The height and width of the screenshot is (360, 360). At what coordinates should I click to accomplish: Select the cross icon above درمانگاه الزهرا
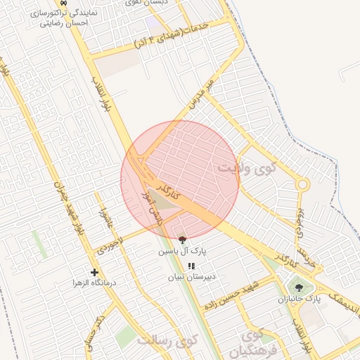pyautogui.click(x=94, y=272)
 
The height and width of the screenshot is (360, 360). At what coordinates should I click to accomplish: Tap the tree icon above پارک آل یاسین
pyautogui.click(x=183, y=240)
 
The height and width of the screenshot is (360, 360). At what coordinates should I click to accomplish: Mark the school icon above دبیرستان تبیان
pyautogui.click(x=191, y=266)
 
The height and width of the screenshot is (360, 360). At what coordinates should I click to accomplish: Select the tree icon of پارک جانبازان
pyautogui.click(x=300, y=287)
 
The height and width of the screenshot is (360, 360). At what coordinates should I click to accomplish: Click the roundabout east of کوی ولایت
pyautogui.click(x=302, y=185)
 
